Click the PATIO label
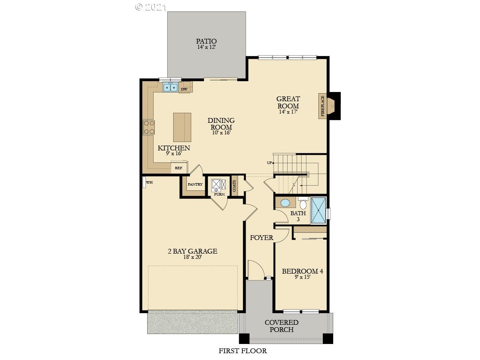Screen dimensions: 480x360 tap(206, 41)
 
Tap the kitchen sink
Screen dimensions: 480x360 tap(170, 87)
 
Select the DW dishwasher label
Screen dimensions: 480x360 tap(184, 89)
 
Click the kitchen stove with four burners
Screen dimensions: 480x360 tap(149, 127)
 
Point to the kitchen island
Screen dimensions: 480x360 tap(182, 127)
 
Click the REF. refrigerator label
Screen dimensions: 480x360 tap(179, 168)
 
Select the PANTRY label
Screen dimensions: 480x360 tap(195, 184)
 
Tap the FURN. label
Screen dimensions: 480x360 tap(219, 194)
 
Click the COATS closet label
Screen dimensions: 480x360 tap(234, 186)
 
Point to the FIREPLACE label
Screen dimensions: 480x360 tap(322, 106)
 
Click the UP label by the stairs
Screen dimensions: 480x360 tap(270, 163)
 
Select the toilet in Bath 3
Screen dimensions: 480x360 tap(303, 203)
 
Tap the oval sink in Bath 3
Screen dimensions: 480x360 tap(285, 203)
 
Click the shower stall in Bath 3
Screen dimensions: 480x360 tap(318, 210)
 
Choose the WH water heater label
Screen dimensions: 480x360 tap(149, 182)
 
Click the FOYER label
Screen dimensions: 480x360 tap(262, 238)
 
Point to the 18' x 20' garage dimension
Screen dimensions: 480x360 tap(192, 257)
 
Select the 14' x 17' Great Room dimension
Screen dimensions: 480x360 tap(288, 112)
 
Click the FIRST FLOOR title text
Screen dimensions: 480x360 tap(243, 351)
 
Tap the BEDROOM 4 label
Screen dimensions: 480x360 tap(302, 271)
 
